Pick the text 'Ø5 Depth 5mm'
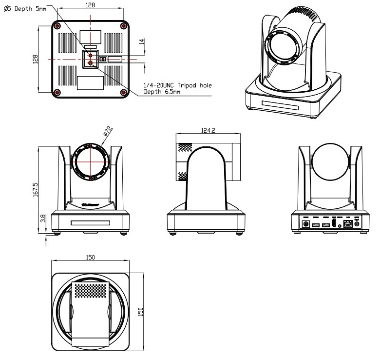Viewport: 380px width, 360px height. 24,8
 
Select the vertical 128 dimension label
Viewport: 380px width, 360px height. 35,60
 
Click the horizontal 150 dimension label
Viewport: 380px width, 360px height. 90,257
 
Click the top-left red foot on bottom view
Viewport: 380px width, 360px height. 58,25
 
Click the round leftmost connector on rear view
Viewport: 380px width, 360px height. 306,224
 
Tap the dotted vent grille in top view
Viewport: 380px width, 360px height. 90,290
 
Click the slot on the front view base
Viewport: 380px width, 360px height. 90,223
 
